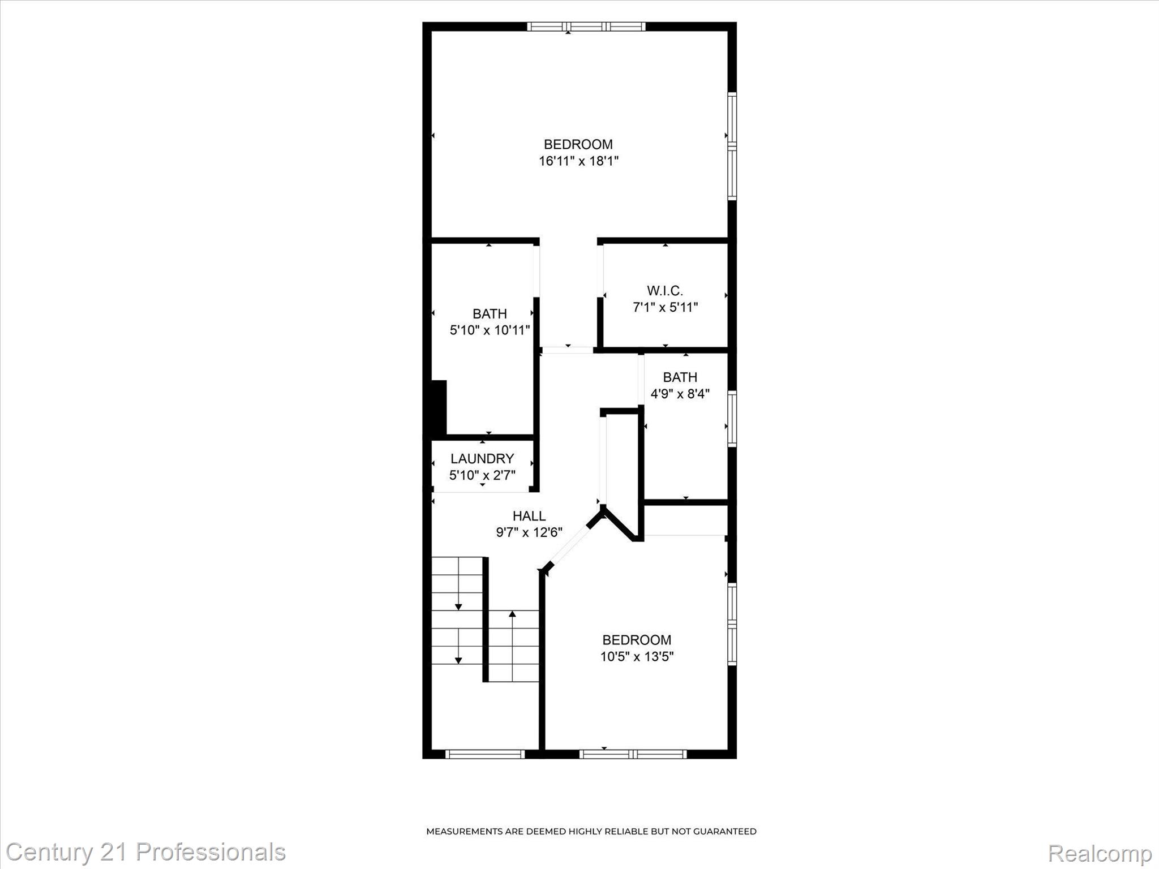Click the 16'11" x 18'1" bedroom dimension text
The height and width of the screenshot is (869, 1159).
(578, 161)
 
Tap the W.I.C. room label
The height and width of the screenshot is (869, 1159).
(665, 291)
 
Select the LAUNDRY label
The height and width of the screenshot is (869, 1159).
(482, 458)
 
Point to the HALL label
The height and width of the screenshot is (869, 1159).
(529, 516)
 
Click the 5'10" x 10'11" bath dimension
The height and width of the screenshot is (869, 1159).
(490, 330)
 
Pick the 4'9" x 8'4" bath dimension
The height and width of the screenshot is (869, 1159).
(680, 394)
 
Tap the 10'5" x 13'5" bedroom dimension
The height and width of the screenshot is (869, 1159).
(637, 656)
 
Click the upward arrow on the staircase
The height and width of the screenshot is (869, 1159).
(513, 614)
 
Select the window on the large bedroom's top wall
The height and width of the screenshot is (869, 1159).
(586, 26)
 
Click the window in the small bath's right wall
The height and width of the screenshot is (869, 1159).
(732, 418)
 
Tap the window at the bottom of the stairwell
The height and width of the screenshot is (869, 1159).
(485, 754)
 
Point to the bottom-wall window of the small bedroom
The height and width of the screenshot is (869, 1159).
(633, 754)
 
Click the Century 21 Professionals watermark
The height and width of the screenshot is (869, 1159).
(145, 852)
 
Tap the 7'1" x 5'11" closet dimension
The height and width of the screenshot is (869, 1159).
(665, 307)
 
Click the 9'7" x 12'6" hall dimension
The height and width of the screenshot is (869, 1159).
(529, 532)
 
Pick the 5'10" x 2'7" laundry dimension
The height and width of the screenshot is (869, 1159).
(482, 475)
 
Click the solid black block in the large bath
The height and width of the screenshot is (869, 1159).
(439, 407)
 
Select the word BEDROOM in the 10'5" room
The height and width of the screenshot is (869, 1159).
(637, 640)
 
